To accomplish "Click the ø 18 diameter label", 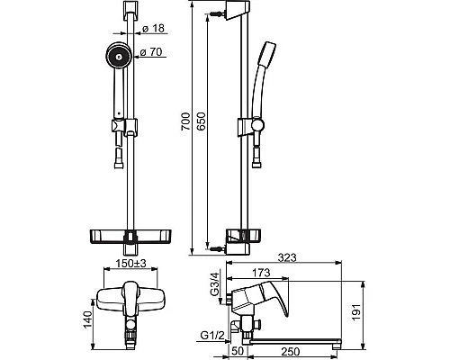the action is click(x=154, y=29).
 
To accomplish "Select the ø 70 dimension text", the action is click(x=151, y=52).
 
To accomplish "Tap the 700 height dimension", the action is click(x=185, y=121).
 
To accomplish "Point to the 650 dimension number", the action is click(x=202, y=121).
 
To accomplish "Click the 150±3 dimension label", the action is click(x=130, y=264).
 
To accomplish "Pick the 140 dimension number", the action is click(x=87, y=319).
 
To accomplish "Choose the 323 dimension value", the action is click(x=287, y=257).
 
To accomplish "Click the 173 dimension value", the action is click(x=261, y=273).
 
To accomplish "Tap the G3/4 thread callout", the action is click(x=215, y=283).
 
